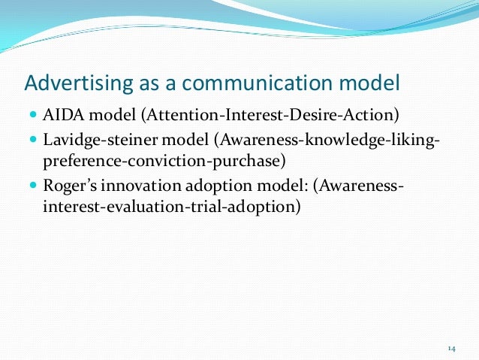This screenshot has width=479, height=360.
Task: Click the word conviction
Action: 153,162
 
